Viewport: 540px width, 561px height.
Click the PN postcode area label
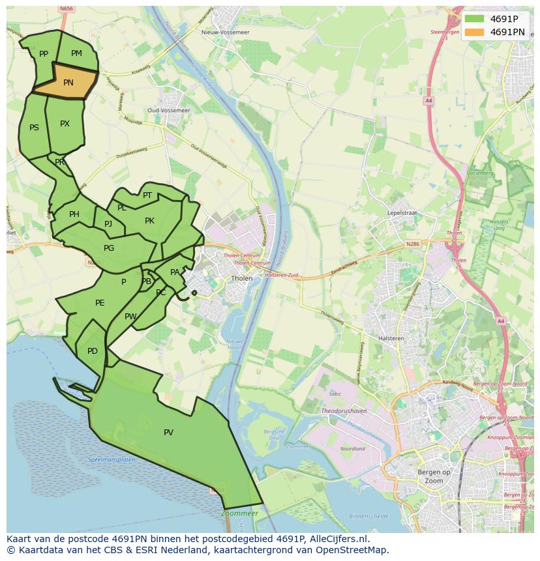68,83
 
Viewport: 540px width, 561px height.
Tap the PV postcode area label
168,433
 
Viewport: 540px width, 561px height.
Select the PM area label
76,53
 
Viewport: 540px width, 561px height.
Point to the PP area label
44,54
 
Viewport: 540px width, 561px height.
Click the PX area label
65,124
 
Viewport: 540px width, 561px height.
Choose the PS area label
34,128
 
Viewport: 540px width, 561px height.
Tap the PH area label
74,214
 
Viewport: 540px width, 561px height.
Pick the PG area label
109,248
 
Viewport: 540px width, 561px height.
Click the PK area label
149,221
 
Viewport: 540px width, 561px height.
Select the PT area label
147,195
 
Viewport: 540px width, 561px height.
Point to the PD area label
93,351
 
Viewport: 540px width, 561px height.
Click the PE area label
100,303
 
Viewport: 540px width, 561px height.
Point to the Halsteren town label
391,339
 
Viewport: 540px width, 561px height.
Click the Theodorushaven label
344,412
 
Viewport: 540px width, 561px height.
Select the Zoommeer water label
239,513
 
